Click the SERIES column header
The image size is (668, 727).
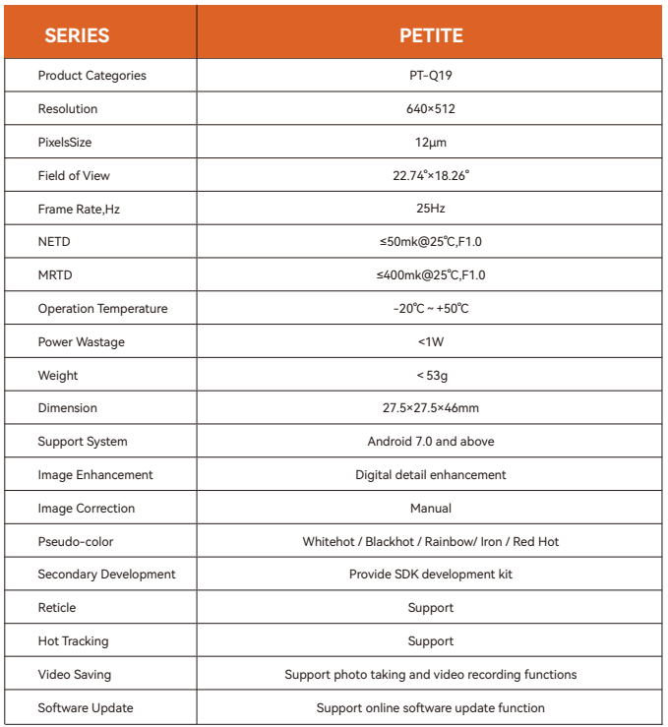(x=77, y=36)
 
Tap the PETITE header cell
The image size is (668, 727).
(x=431, y=36)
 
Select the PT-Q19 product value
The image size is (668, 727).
(x=431, y=76)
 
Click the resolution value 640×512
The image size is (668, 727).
(x=431, y=109)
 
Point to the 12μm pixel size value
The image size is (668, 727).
(x=431, y=143)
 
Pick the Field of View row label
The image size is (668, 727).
(x=74, y=176)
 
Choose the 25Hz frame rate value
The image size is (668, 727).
(x=431, y=209)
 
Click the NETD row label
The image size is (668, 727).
(x=54, y=242)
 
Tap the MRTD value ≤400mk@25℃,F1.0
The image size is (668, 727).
(x=431, y=275)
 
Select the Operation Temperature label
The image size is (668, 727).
(x=102, y=309)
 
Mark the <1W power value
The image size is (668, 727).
(x=431, y=342)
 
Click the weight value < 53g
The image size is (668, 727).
(x=431, y=376)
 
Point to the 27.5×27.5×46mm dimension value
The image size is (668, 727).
(x=431, y=408)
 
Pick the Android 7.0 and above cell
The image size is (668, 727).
(x=431, y=442)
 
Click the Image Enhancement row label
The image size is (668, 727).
(x=95, y=475)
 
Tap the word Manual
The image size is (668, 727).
(x=431, y=509)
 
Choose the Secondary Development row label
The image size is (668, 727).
(x=106, y=575)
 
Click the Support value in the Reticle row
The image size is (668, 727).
(x=431, y=608)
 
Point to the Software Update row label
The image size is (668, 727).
(x=86, y=708)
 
